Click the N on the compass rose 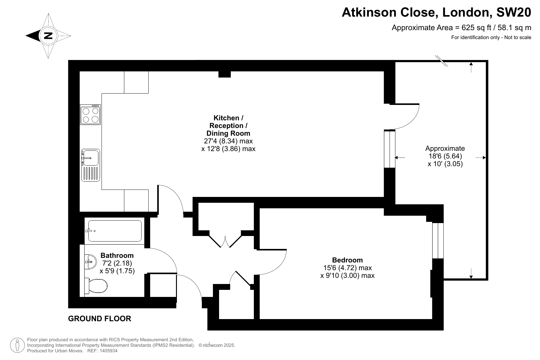click(x=48, y=36)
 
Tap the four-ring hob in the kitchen click(x=90, y=114)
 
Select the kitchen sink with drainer click(x=90, y=165)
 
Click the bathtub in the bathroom click(x=115, y=231)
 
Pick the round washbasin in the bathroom click(x=90, y=262)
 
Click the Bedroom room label click(x=347, y=260)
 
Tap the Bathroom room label click(x=117, y=255)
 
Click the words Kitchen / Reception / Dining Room click(x=228, y=126)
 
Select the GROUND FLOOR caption click(x=100, y=318)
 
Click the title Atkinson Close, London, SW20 click(x=436, y=12)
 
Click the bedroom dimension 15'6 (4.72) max click(x=347, y=268)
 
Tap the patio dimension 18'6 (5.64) click(x=445, y=156)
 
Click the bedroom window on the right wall click(x=438, y=240)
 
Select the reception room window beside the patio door click(x=390, y=149)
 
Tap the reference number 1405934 click(x=109, y=351)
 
